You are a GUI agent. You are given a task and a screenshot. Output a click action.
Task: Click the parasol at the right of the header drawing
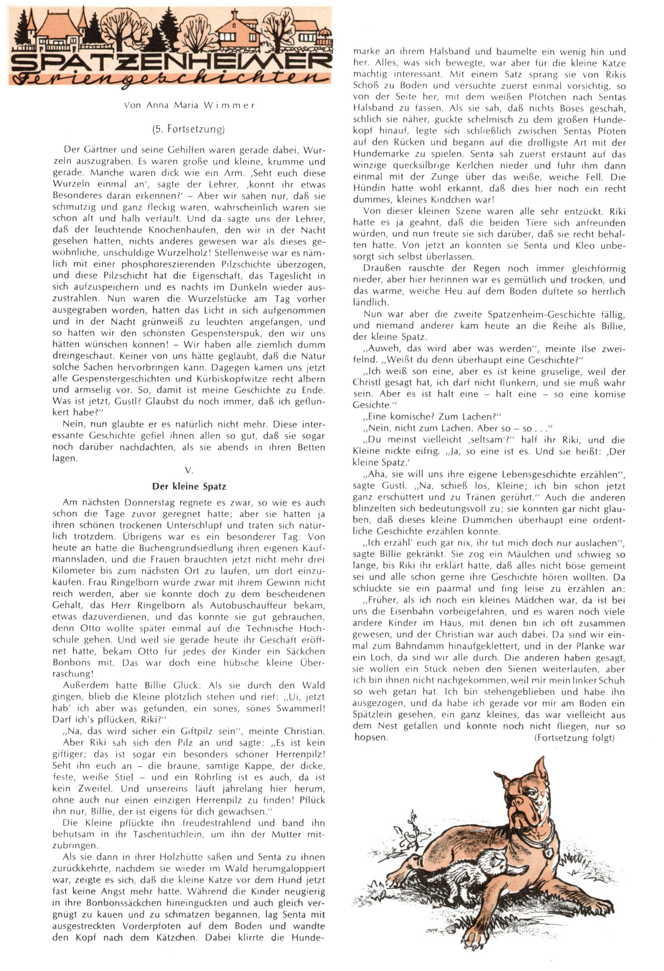324,32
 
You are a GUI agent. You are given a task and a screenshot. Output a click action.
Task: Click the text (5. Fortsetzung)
188,129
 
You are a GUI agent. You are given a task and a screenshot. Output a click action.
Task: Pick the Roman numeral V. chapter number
189,471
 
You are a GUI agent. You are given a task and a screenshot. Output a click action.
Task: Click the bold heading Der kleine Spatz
189,486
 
